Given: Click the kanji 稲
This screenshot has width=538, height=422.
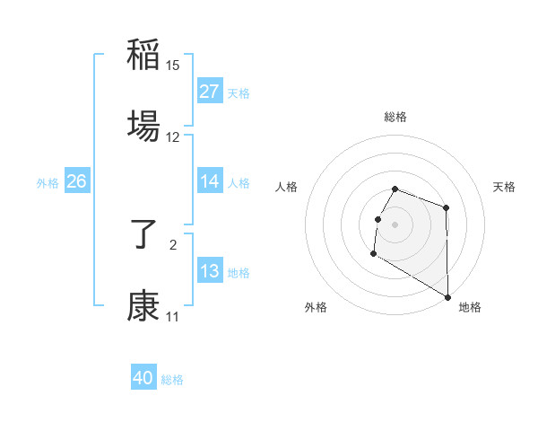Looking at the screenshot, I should pos(143,56).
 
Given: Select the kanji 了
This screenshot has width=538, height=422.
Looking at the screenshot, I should pos(143,235).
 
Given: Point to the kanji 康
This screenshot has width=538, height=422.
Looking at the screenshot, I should pos(143,305).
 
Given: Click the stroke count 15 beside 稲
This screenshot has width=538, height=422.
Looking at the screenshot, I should pos(173,66).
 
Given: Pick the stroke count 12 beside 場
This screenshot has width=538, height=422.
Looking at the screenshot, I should pos(173,136).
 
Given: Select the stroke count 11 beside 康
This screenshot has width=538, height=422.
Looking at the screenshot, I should pos(173,317).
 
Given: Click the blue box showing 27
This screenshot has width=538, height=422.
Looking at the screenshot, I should pos(210,92).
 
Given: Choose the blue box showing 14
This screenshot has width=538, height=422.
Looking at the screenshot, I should pos(210,181).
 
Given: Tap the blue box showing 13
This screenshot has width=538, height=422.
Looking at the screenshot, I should pos(210,271).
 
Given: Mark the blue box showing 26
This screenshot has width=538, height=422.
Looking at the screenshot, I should pos(76,181).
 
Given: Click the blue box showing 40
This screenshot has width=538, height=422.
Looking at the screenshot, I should pos(143,378).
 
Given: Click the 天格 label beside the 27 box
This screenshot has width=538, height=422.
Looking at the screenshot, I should pos(239,93).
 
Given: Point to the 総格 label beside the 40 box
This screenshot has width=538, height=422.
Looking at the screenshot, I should pos(172,380).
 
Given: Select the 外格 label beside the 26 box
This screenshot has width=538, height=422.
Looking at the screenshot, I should pos(48,183).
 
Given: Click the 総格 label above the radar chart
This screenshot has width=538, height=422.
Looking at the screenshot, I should pos(395,117).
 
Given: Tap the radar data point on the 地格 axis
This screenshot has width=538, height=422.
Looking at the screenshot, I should pos(448,297).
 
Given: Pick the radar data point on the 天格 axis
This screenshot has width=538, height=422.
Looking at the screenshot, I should pos(446,208).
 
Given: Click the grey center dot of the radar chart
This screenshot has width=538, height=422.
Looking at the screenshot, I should pos(395,224).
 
